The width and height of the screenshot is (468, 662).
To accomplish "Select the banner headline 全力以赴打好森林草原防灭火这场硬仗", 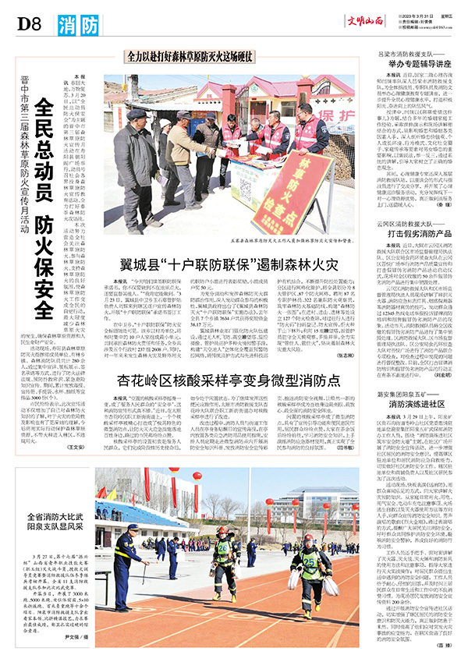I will click(x=189, y=57).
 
